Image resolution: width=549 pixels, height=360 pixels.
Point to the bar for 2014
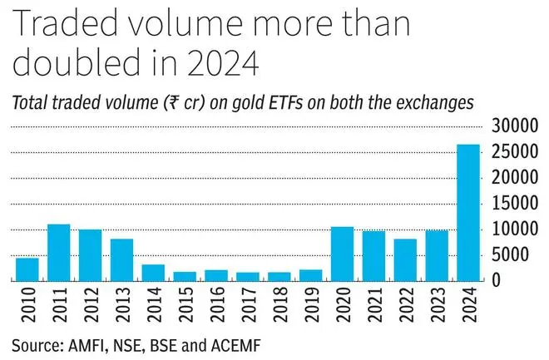[153, 272]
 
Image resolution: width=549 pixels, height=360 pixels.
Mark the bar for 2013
[121, 259]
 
